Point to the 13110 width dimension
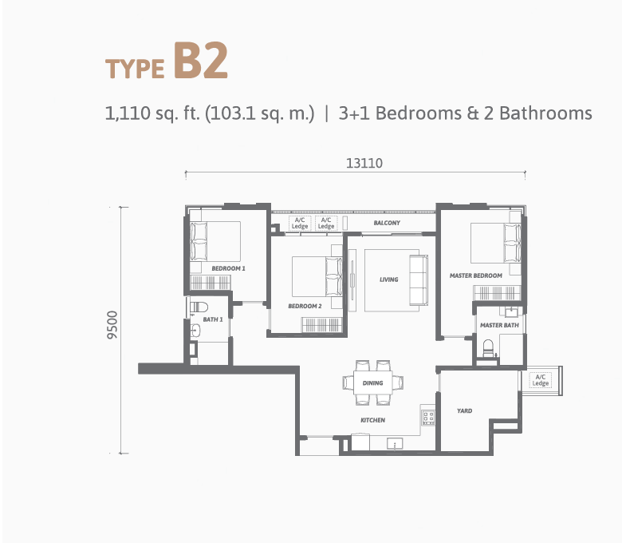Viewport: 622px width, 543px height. tap(364, 163)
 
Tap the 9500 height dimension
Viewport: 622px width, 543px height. tap(112, 325)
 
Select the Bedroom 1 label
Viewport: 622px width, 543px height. tap(229, 268)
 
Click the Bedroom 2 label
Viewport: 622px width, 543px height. tap(305, 306)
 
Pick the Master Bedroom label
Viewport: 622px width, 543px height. tap(475, 275)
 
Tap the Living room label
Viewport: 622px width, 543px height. tap(389, 279)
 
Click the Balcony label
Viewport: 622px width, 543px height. tap(387, 223)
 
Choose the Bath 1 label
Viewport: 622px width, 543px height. tap(213, 319)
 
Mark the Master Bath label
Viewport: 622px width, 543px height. tap(499, 325)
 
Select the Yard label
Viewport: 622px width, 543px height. tap(464, 410)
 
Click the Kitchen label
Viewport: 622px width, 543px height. tap(372, 420)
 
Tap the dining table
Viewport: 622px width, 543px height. tap(373, 383)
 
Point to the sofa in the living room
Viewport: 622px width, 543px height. tap(419, 280)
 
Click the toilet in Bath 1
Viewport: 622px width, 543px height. tap(199, 307)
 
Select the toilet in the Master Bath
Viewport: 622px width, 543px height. tap(488, 349)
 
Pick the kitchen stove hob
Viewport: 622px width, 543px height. tap(428, 417)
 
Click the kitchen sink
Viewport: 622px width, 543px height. tap(395, 443)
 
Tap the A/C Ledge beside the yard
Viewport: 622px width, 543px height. tap(541, 380)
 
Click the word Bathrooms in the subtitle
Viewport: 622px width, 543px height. tap(545, 113)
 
